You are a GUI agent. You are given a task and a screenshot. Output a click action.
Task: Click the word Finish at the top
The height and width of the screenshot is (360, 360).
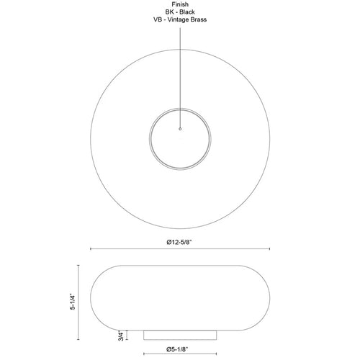pyautogui.click(x=180, y=4)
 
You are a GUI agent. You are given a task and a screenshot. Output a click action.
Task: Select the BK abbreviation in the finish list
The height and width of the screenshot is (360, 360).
pyautogui.click(x=170, y=12)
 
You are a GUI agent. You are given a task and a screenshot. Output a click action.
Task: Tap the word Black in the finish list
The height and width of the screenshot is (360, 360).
pyautogui.click(x=187, y=12)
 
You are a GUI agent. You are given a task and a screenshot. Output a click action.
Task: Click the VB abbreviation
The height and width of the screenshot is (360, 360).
pyautogui.click(x=158, y=19)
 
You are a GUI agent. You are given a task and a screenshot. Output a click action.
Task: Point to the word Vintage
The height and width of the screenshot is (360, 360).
pyautogui.click(x=178, y=20)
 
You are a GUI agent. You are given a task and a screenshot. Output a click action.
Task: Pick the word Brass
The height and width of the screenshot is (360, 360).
pyautogui.click(x=199, y=19)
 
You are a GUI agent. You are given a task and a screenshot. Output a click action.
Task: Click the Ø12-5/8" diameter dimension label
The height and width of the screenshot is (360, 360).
pyautogui.click(x=180, y=242)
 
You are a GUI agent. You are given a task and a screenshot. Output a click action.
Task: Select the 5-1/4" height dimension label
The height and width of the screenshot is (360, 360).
pyautogui.click(x=73, y=302)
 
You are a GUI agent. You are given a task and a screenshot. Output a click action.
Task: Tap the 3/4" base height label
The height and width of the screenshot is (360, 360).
pyautogui.click(x=121, y=336)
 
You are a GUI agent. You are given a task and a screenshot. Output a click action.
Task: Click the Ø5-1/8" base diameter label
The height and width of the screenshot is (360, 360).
pyautogui.click(x=177, y=349)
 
